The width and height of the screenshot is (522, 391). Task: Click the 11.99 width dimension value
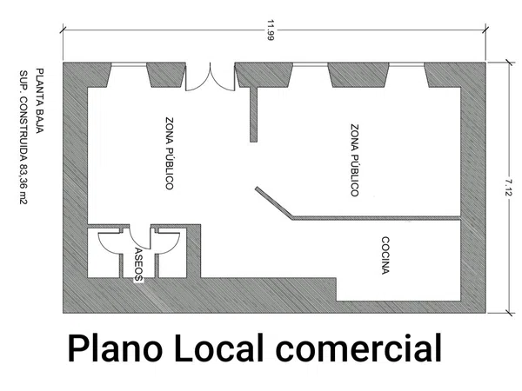point(270,30)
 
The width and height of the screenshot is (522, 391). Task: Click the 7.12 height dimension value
point(508,187)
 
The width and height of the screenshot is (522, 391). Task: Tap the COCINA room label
point(385,255)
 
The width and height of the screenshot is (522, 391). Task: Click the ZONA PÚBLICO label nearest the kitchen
point(355,160)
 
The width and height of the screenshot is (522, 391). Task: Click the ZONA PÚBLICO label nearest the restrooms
point(170,153)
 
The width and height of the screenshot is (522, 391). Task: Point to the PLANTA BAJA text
point(40,101)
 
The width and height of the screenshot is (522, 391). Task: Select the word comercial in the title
point(358,348)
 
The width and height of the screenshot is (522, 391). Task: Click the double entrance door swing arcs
point(210,76)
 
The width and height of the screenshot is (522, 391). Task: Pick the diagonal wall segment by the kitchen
point(274,203)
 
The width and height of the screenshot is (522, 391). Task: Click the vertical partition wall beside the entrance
point(254,115)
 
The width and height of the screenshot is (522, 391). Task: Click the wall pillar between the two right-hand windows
point(358,75)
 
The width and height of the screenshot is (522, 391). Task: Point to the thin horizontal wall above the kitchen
point(376,218)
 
